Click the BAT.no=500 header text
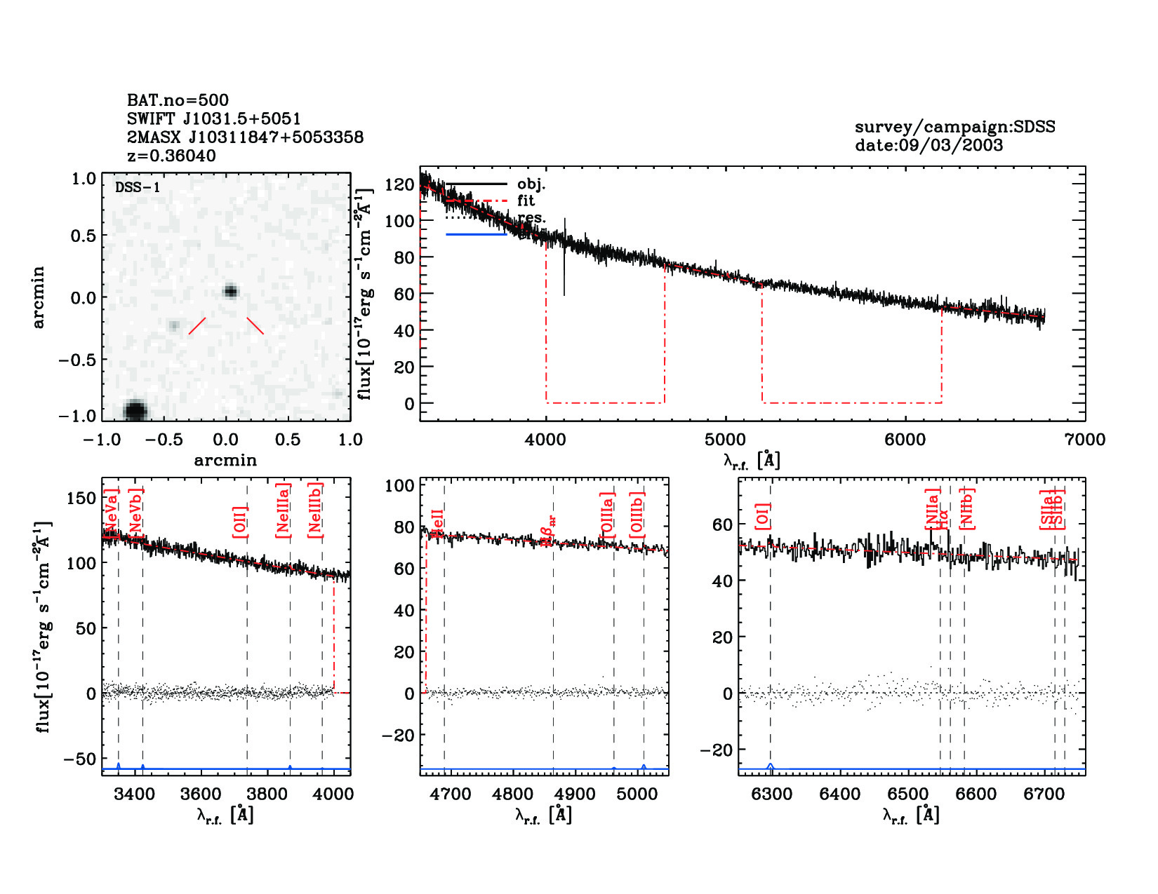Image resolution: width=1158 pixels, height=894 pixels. click(x=178, y=100)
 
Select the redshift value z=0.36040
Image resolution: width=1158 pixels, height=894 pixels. click(x=171, y=156)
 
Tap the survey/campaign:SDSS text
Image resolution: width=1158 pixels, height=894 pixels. click(x=954, y=127)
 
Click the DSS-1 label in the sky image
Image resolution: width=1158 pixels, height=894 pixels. click(x=138, y=187)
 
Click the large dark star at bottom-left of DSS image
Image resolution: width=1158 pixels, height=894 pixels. click(x=135, y=410)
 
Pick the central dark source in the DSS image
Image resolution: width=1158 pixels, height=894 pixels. click(x=230, y=292)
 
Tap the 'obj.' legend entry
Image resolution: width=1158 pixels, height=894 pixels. click(x=531, y=184)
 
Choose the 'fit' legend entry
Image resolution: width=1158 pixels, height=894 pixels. click(x=526, y=201)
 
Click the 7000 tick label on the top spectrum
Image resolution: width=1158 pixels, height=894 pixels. click(x=1084, y=440)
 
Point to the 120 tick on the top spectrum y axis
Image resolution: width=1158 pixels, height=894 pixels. click(x=399, y=184)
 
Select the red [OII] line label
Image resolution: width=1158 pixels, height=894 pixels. click(x=239, y=522)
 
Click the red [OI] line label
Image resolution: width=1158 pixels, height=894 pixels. click(x=763, y=515)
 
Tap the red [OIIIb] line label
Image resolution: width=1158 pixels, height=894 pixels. click(x=637, y=515)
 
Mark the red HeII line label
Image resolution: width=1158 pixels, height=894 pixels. click(x=437, y=524)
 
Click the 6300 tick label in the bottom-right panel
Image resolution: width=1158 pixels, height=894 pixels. click(x=771, y=794)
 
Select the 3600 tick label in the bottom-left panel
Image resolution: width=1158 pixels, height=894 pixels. click(x=201, y=794)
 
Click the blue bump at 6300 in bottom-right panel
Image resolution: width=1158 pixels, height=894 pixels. click(x=771, y=766)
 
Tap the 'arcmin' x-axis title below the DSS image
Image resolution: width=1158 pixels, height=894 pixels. click(x=225, y=461)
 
